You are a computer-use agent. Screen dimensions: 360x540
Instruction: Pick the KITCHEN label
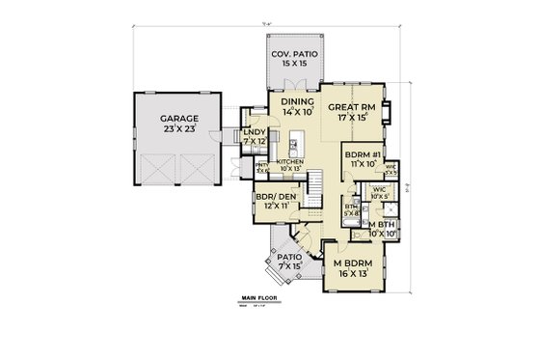pyautogui.click(x=290, y=162)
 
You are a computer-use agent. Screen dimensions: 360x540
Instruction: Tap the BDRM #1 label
pyautogui.click(x=365, y=154)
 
